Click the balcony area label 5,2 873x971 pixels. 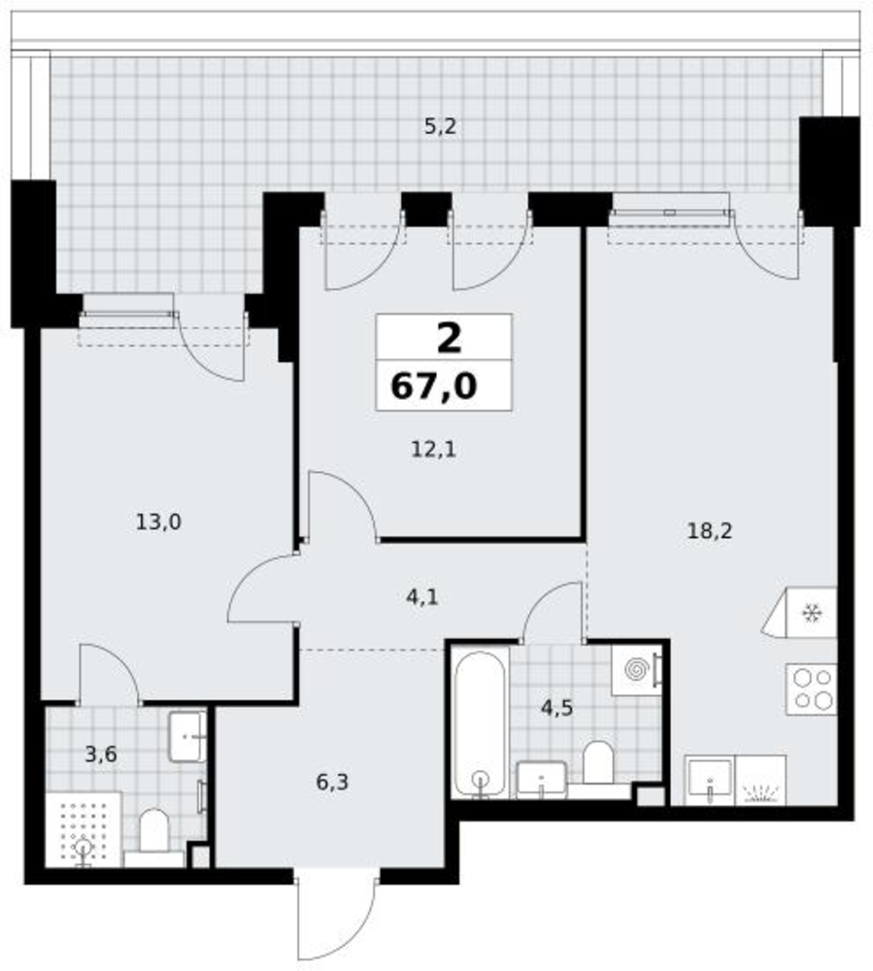440,127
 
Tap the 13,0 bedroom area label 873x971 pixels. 158,522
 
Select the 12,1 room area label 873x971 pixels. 434,449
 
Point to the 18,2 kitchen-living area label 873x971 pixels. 710,531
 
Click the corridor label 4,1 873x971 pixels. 422,597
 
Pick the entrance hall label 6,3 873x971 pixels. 332,782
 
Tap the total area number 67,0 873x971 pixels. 434,386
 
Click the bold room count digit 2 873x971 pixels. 450,338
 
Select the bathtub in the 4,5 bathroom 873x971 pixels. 480,722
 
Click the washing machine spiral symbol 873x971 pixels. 636,669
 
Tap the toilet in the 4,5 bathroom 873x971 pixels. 597,761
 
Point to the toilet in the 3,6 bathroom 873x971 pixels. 154,830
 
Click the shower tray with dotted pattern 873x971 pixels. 83,829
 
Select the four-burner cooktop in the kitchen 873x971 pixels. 811,689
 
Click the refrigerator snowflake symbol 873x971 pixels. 811,613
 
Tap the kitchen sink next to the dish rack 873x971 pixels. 710,780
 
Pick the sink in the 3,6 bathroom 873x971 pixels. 187,737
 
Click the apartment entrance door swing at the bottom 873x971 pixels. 336,918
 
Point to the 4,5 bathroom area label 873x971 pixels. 556,708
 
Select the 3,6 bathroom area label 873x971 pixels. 101,754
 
